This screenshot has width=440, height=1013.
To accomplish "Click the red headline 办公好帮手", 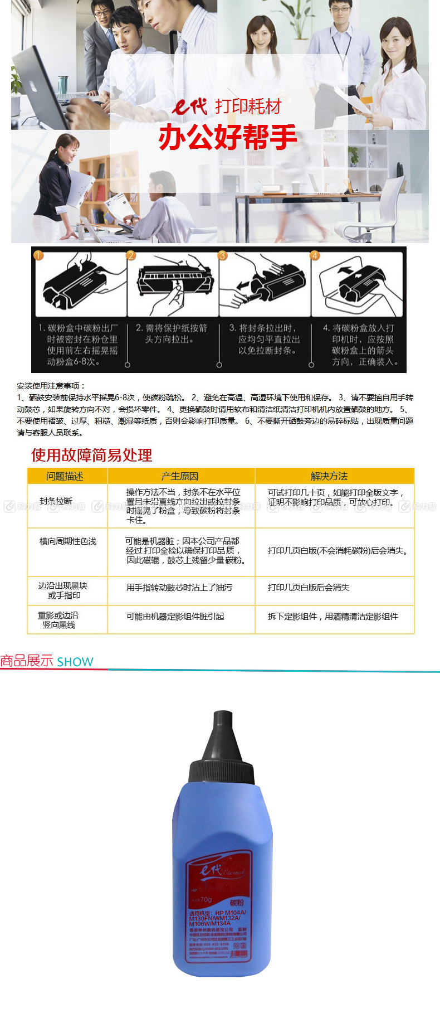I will [x=227, y=137].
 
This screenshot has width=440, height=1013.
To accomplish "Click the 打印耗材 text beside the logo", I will [x=248, y=106].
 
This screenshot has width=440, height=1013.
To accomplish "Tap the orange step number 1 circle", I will [x=38, y=255].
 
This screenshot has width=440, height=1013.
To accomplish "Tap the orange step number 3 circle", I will [x=223, y=255].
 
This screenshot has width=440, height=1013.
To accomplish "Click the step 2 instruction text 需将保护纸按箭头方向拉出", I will [x=172, y=333].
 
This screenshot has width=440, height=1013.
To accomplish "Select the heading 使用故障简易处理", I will [x=91, y=455].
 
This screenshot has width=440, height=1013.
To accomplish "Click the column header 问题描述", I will [x=65, y=476].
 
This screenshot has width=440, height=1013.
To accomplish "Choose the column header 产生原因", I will [x=179, y=476].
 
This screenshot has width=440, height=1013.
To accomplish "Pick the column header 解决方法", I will [x=329, y=476].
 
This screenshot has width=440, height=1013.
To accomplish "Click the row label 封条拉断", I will [x=56, y=501].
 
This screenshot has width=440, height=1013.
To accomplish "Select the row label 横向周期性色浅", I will [x=67, y=541].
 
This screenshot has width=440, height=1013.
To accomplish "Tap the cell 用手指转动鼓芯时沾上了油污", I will [x=179, y=587].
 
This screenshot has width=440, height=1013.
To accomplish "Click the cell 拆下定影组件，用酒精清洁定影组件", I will [x=333, y=616].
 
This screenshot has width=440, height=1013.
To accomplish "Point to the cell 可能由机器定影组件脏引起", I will [x=175, y=616].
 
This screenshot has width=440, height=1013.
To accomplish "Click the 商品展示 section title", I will [x=27, y=661].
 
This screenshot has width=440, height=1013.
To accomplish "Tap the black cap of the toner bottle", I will [x=222, y=747].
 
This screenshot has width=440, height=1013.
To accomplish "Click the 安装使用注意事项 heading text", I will [x=51, y=385].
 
